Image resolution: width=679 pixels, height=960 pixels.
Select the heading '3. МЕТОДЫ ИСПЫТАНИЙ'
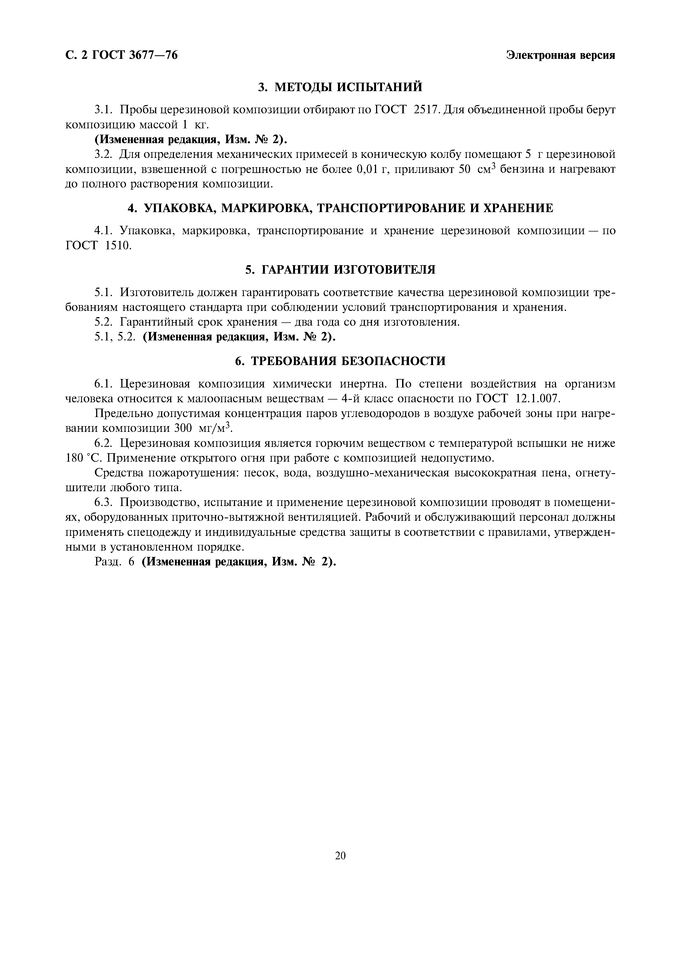(340, 87)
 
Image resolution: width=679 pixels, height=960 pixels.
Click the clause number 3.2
(104, 154)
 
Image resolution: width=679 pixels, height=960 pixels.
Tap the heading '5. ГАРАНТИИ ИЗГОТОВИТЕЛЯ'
(340, 270)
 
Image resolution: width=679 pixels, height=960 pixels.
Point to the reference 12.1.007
(537, 398)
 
